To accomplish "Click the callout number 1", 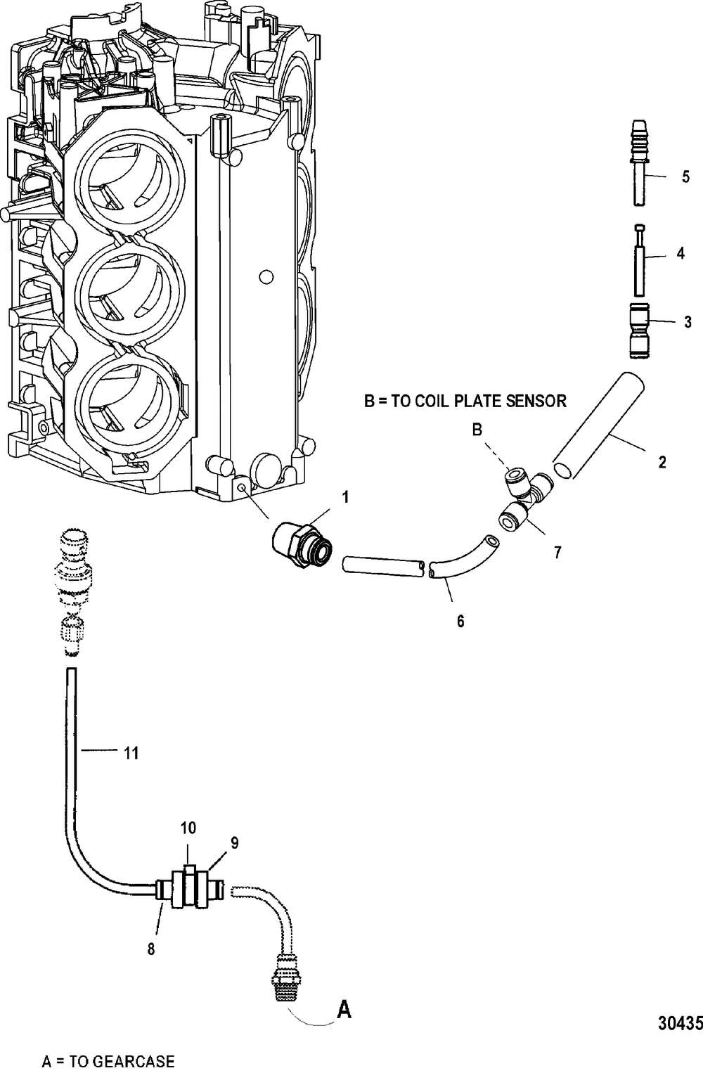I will coord(345,497).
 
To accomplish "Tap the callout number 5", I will coord(685,176).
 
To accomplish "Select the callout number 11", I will coord(131,753).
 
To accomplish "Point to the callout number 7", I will coord(557,553).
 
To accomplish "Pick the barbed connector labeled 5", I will coord(638,162).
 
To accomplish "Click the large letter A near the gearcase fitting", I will coord(344,1010).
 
